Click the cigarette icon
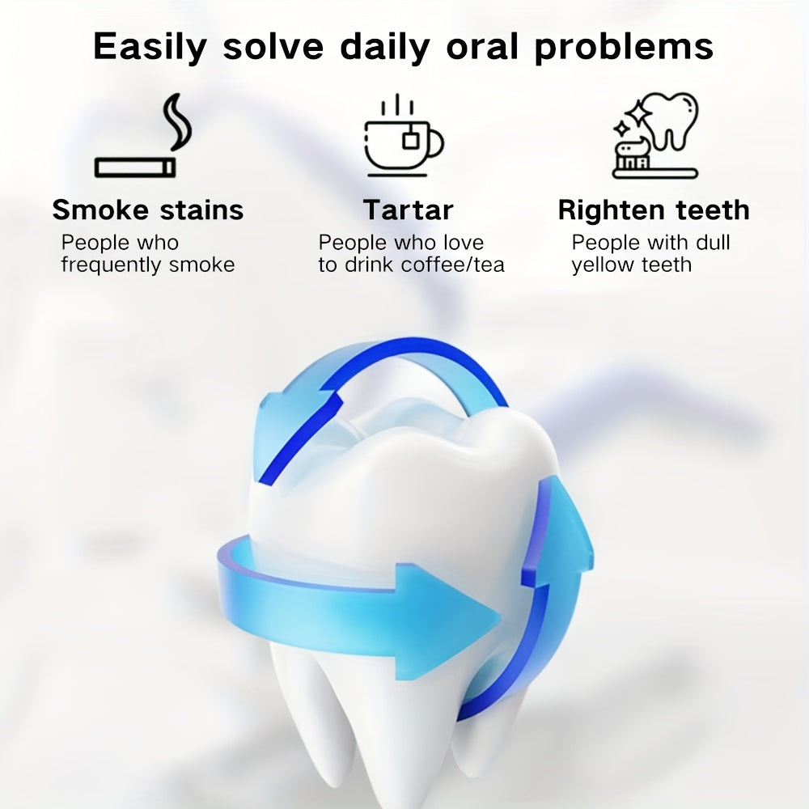(x=135, y=167)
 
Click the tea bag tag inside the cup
(x=411, y=139)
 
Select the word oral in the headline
(x=482, y=46)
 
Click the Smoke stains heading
(x=148, y=210)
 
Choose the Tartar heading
(x=408, y=210)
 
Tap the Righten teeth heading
(x=654, y=210)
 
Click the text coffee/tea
(x=452, y=265)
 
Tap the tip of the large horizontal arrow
(x=501, y=616)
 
